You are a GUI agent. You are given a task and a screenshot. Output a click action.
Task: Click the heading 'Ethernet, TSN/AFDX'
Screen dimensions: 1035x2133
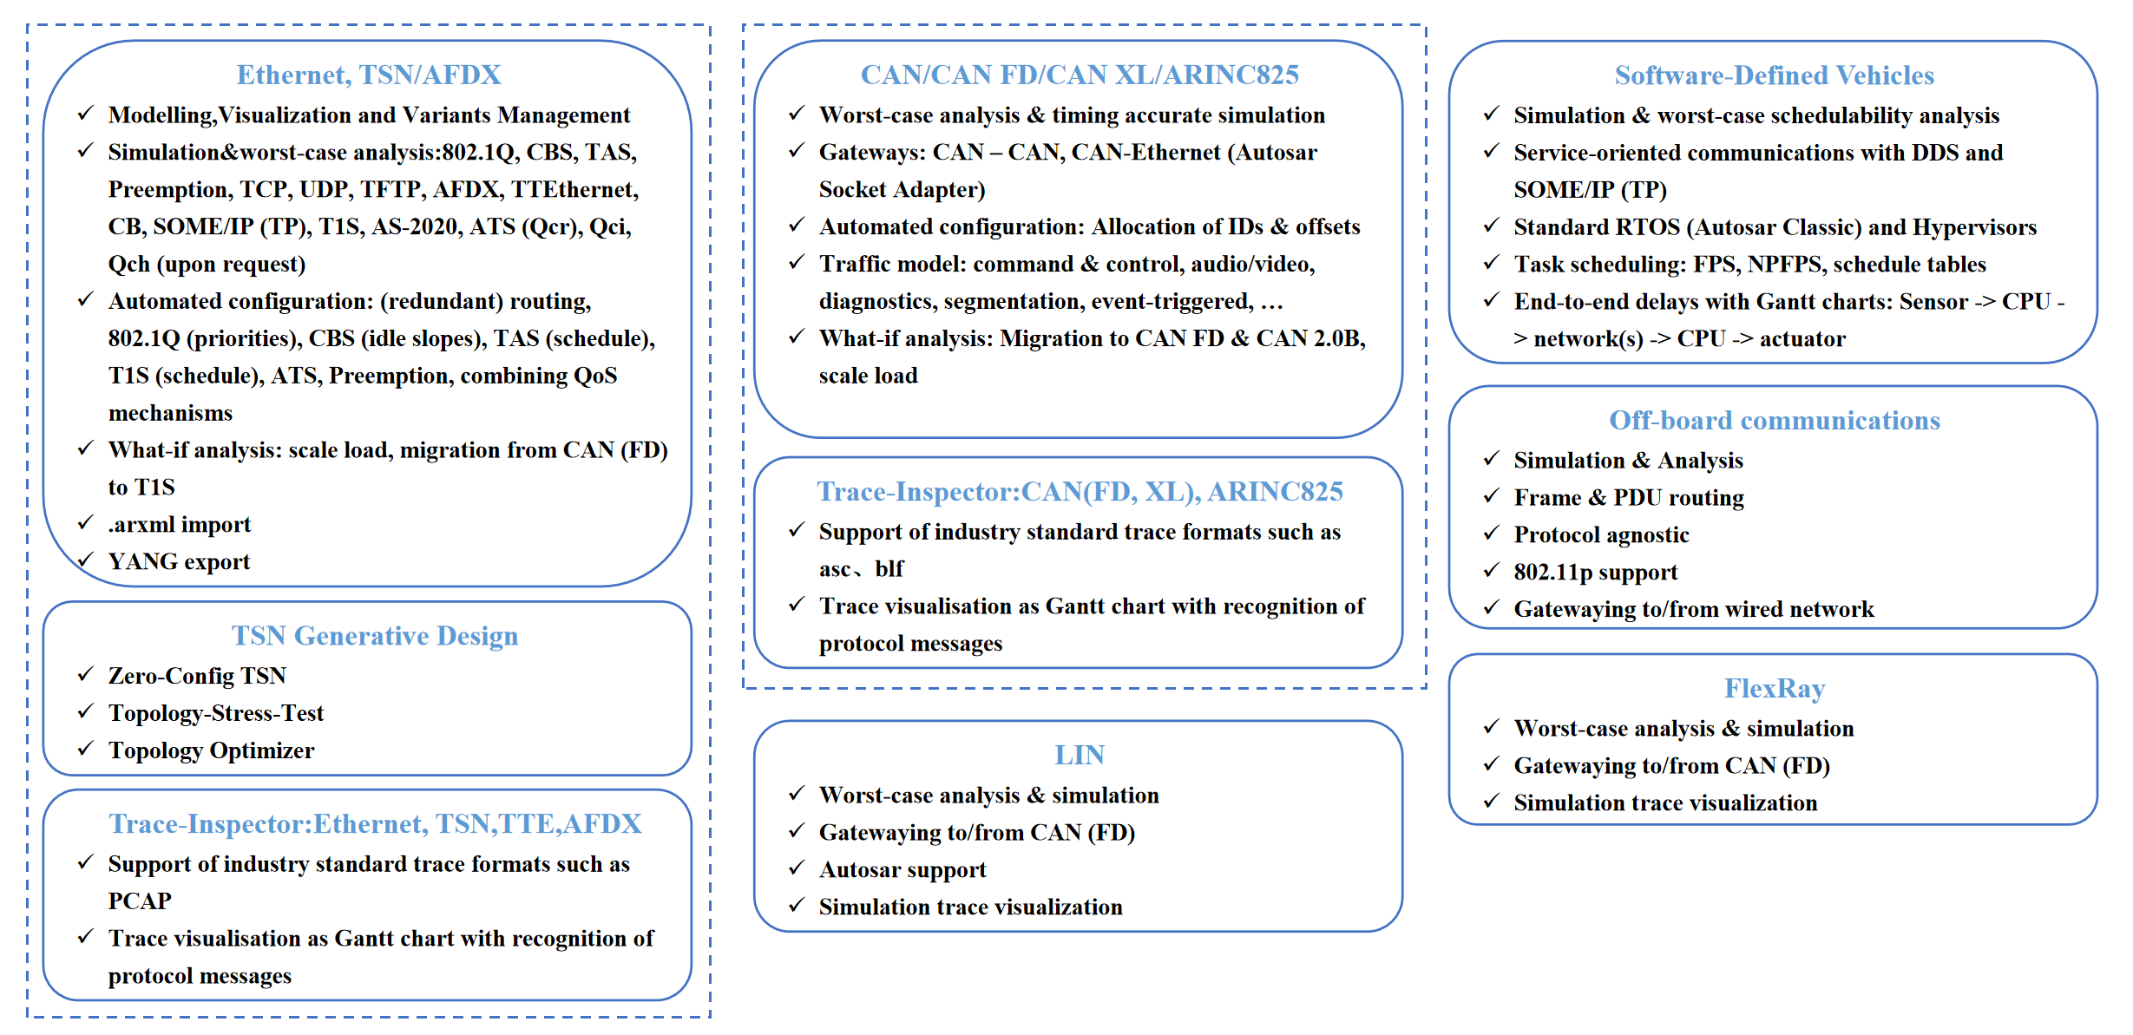point(369,75)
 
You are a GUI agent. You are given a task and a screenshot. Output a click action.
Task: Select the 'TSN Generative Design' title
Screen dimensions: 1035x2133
point(374,636)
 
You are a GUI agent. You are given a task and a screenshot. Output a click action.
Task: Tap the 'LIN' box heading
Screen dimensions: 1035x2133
point(1080,755)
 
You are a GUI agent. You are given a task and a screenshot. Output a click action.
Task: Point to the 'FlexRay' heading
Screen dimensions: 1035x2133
point(1774,688)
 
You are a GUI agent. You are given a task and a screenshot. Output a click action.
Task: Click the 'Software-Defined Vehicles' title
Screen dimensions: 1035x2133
point(1774,75)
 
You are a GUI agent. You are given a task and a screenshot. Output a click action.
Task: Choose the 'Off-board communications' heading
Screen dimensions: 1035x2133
point(1774,420)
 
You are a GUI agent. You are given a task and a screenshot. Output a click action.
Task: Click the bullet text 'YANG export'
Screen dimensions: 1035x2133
point(179,562)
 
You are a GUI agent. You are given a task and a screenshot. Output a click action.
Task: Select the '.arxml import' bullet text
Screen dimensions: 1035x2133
point(179,525)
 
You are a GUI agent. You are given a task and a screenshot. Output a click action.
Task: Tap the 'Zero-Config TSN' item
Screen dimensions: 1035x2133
point(197,676)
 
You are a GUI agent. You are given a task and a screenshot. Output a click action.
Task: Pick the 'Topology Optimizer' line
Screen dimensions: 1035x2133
point(211,750)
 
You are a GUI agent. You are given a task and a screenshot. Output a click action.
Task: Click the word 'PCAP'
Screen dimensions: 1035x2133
point(140,901)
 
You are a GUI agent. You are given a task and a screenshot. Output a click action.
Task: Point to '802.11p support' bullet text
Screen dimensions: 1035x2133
point(1595,573)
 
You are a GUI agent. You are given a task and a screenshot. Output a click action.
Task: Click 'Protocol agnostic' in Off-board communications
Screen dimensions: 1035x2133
point(1601,535)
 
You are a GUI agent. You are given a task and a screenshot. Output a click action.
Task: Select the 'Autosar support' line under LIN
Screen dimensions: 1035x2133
point(902,870)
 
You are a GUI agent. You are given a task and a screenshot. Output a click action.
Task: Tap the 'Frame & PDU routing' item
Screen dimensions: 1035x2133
point(1628,498)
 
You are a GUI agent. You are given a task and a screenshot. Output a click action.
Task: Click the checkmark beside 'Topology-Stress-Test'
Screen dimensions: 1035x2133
point(85,711)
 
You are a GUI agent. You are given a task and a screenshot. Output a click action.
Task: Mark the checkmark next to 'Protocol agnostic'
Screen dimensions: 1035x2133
point(1491,533)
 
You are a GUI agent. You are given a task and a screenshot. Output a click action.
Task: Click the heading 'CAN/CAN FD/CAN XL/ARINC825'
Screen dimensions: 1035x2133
point(1080,75)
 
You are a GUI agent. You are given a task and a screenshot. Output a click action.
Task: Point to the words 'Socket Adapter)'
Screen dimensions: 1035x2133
point(902,190)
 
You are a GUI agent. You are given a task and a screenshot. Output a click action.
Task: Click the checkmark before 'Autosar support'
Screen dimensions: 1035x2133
point(797,868)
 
